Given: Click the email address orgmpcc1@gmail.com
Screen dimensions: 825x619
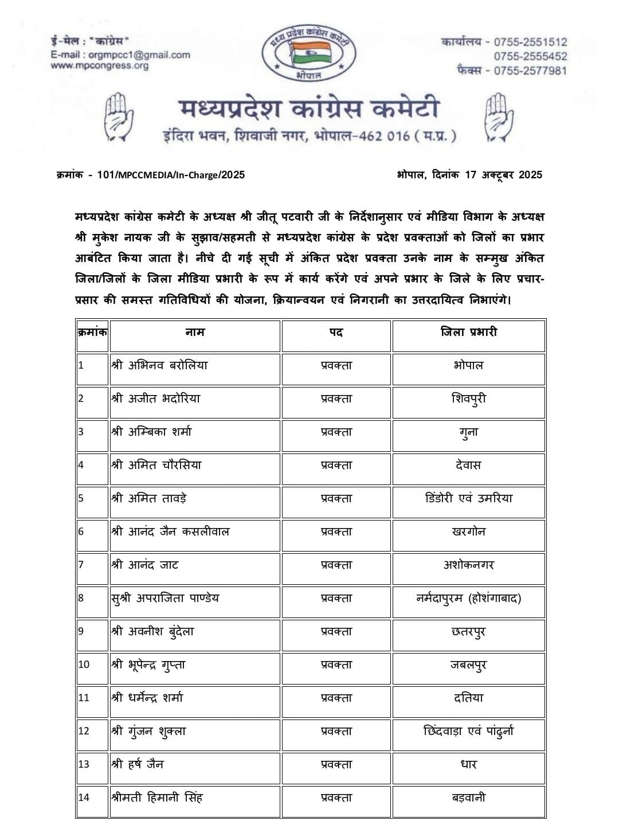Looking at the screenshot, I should pyautogui.click(x=139, y=55).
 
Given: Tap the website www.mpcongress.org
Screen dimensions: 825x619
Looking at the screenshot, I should pyautogui.click(x=99, y=66).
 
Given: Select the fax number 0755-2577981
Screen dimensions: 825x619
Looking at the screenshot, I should pyautogui.click(x=530, y=71).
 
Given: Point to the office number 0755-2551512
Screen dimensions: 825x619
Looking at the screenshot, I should pyautogui.click(x=530, y=42).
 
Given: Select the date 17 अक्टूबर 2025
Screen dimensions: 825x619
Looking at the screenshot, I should pyautogui.click(x=503, y=175).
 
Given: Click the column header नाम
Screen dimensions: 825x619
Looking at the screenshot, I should pyautogui.click(x=195, y=332).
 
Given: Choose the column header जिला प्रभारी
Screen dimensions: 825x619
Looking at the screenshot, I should pyautogui.click(x=468, y=332).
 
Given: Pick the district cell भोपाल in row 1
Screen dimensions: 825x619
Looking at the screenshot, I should pyautogui.click(x=468, y=365).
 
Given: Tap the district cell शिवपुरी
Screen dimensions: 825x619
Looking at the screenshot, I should pyautogui.click(x=468, y=398).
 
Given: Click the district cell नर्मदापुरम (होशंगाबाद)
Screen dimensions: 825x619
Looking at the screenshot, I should pyautogui.click(x=468, y=598).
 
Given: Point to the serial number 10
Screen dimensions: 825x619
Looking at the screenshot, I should pyautogui.click(x=84, y=664).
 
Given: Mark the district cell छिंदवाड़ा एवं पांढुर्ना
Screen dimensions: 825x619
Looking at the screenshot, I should pyautogui.click(x=468, y=731).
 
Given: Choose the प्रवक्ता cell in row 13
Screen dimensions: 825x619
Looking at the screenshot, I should pyautogui.click(x=336, y=764).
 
